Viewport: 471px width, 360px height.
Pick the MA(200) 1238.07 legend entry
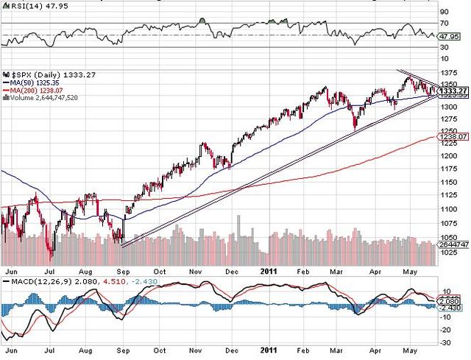tap(36, 90)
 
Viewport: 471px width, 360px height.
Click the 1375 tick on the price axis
tap(447, 73)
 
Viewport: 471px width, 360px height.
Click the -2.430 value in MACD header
tap(118, 282)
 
